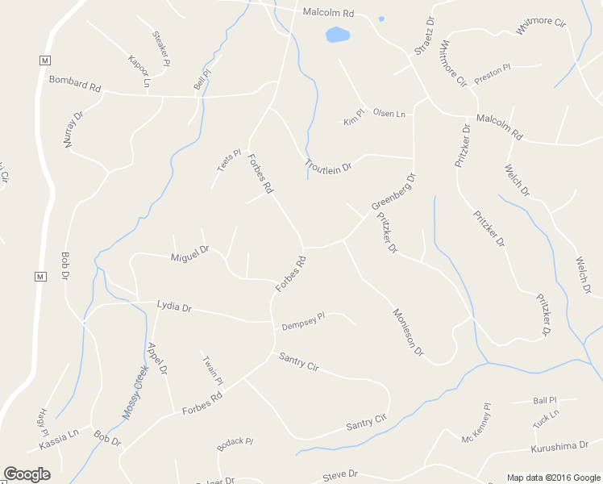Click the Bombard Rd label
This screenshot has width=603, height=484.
point(74,83)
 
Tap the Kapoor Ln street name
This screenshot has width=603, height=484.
point(139,70)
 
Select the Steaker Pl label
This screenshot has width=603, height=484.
point(161,48)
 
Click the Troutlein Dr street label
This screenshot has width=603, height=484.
point(328,166)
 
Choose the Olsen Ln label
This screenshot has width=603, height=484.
point(389,114)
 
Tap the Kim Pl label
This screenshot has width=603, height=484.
point(354,117)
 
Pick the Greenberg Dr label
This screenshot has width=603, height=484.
point(393,192)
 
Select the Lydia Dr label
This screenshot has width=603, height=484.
point(174,307)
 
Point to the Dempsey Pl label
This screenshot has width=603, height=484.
point(303,321)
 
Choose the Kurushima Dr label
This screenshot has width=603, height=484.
point(560,447)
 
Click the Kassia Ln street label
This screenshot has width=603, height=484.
point(59,440)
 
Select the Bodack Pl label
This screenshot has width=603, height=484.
point(235,444)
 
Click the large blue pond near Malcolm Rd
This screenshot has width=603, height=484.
point(338,35)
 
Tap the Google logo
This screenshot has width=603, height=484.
point(27,474)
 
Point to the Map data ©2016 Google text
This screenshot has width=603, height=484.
point(554,478)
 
